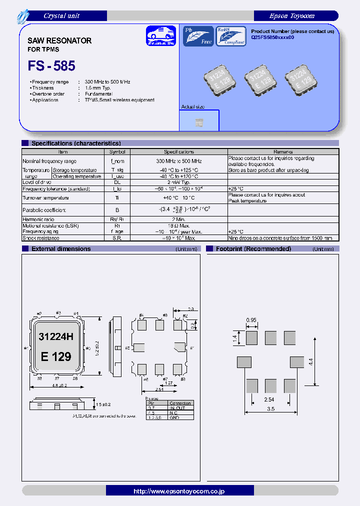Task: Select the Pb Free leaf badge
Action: pos(197,36)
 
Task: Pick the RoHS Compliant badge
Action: pos(230,36)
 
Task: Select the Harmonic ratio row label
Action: pos(38,219)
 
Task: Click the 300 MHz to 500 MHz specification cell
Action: pos(178,161)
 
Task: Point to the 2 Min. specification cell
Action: pos(178,219)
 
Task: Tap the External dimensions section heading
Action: pos(61,248)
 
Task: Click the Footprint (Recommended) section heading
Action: pos(253,248)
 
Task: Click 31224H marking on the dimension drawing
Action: pos(56,337)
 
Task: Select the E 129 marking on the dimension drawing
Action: pos(56,356)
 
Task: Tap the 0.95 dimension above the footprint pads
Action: pos(251,320)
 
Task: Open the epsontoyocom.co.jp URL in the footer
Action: pos(179,491)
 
